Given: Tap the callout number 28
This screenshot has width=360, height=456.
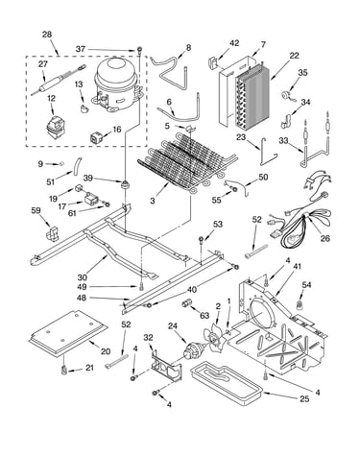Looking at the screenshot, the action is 47,35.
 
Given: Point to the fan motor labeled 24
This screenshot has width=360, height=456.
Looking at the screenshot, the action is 194,349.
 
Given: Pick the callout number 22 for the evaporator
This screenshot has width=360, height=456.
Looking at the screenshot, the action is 294,56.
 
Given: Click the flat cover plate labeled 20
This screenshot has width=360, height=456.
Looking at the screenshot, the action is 68,333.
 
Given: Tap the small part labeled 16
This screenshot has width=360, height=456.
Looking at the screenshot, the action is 96,137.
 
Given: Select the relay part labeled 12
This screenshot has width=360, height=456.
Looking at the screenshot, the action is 56,127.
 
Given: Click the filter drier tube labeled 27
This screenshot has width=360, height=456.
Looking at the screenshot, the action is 58,80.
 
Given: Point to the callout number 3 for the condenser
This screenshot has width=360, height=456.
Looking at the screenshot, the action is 153,201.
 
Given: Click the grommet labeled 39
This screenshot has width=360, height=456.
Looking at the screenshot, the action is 124,184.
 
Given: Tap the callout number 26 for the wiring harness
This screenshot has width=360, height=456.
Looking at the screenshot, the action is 325,238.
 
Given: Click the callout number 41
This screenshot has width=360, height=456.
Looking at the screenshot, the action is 298,266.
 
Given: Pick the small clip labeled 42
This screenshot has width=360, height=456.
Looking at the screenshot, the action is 213,62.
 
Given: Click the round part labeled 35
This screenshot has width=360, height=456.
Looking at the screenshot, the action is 285,96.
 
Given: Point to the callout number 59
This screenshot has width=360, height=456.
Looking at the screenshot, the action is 36,210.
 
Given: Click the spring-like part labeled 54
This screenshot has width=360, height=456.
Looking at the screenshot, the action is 300,305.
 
